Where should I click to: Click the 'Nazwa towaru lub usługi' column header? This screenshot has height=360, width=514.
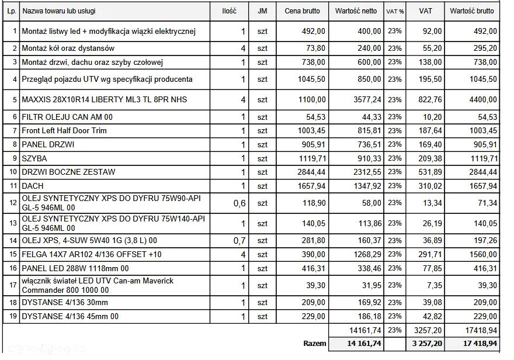pyautogui.click(x=58, y=11)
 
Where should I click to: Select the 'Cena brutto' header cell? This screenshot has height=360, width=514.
pyautogui.click(x=302, y=11)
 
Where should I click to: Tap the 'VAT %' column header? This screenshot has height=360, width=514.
pyautogui.click(x=395, y=11)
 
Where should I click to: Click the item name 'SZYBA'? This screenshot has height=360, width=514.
pyautogui.click(x=34, y=158)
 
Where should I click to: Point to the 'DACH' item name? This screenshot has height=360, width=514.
pyautogui.click(x=33, y=186)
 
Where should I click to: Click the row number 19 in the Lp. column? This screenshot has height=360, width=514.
pyautogui.click(x=11, y=317)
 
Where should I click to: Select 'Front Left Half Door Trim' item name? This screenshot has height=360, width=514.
pyautogui.click(x=64, y=131)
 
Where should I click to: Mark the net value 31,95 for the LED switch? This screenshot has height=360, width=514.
pyautogui.click(x=371, y=286)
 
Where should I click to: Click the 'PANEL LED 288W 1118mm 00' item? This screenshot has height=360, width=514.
pyautogui.click(x=75, y=268)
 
